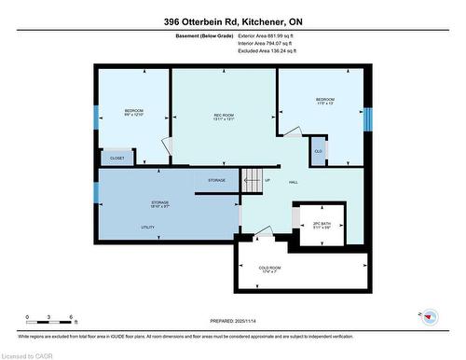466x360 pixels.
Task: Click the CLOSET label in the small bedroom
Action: coord(117,159)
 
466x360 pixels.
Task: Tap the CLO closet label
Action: coord(318,150)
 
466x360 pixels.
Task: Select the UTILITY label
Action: coord(121,227)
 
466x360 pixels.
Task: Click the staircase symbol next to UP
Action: coord(252,180)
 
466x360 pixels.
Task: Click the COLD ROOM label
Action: coord(270,270)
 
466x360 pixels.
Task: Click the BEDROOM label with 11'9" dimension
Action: coord(323,101)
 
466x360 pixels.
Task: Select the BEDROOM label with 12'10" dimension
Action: coord(133,113)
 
